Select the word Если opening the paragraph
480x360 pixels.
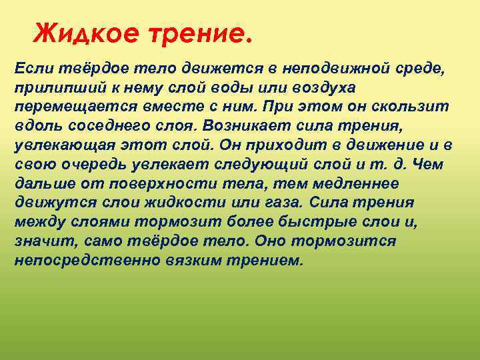(33, 69)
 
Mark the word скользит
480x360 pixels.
(418, 107)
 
